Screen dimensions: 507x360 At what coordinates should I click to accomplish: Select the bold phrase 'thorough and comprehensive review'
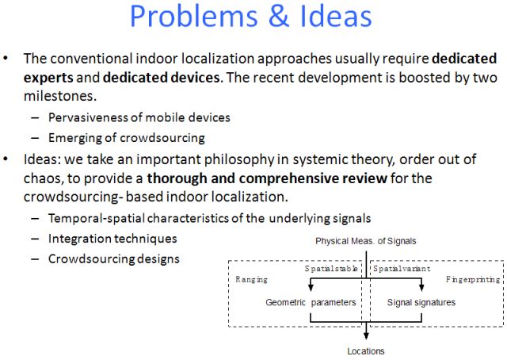pos(267,178)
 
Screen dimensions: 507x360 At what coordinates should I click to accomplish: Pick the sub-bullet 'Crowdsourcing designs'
pos(114,259)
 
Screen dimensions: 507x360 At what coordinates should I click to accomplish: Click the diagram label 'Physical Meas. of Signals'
pos(364,240)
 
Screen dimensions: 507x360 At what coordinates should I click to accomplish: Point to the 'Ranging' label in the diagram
pos(252,279)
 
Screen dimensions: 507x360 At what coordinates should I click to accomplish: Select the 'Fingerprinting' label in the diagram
pos(472,279)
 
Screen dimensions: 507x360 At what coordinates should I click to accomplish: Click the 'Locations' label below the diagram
pos(365,350)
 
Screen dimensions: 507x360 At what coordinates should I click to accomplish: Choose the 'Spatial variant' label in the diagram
pos(402,269)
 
